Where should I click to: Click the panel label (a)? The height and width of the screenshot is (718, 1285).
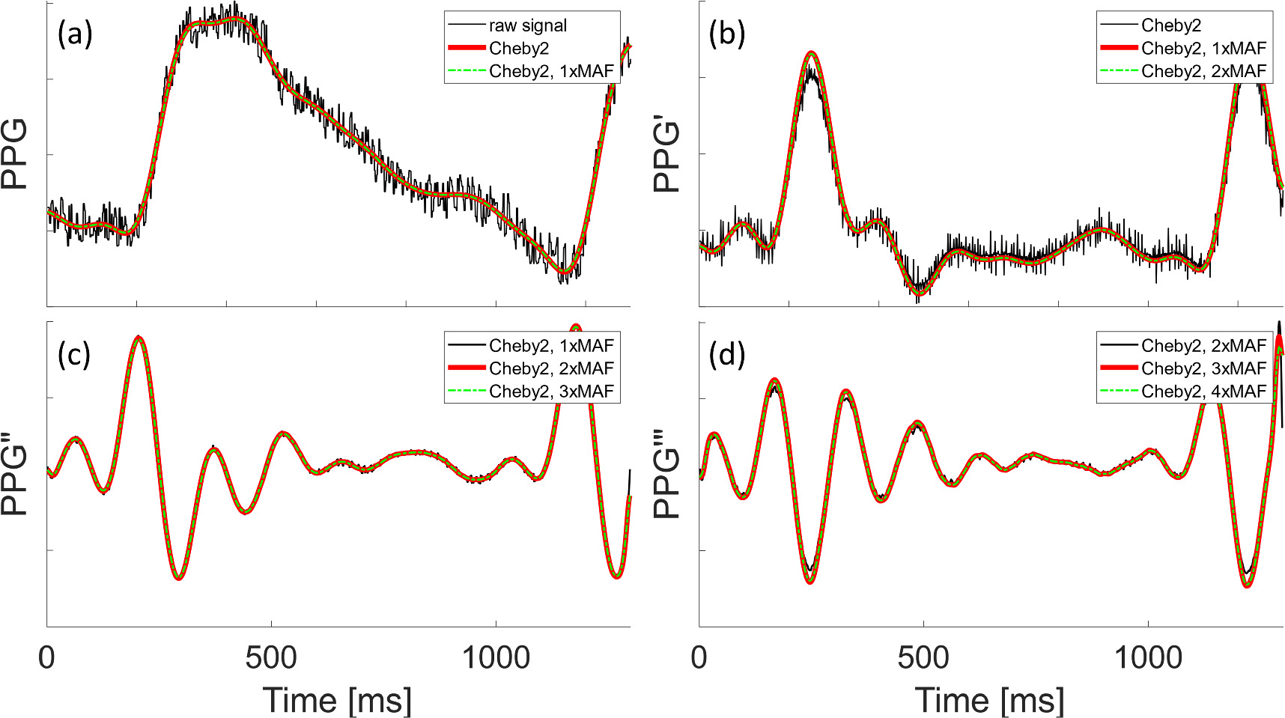75,34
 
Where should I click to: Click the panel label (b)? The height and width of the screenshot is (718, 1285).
727,34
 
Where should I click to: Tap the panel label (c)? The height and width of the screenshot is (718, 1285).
74,354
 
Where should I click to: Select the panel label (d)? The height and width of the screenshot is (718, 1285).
727,354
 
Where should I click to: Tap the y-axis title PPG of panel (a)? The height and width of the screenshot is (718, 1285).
15,153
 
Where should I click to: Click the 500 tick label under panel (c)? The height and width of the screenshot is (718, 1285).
271,658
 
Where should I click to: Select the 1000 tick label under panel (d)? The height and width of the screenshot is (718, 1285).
1148,658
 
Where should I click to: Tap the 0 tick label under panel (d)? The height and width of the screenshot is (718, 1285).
699,658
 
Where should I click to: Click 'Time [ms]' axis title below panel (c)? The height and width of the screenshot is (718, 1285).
338,700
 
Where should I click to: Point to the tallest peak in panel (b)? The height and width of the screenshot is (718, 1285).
811,52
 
